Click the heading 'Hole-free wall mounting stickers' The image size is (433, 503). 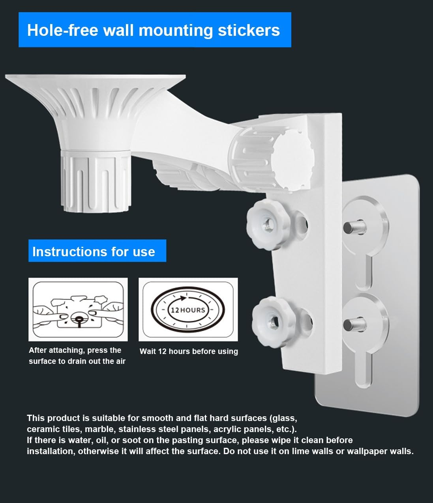154,30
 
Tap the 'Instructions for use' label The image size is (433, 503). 94,251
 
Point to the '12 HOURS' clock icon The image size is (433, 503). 188,310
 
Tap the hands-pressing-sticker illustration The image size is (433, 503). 78,310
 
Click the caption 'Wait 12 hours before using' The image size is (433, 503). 189,351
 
